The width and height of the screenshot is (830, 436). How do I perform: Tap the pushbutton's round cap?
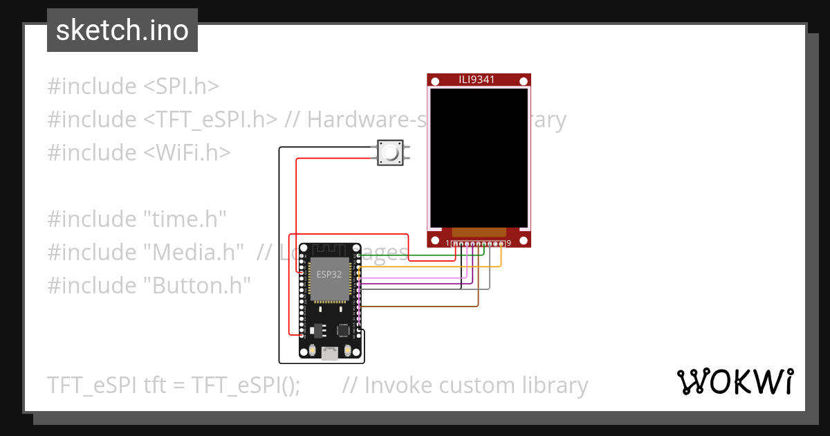390,153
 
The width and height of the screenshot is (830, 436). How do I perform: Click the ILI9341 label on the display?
477,80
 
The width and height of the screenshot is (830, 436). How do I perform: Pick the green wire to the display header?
415,255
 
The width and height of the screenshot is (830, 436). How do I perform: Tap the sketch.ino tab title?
122,30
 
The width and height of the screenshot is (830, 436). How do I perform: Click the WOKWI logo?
735,382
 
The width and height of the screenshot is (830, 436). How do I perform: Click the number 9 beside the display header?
509,243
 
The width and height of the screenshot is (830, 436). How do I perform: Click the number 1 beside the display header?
448,243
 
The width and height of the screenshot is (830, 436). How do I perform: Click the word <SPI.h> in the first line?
181,87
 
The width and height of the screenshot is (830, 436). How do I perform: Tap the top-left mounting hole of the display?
434,82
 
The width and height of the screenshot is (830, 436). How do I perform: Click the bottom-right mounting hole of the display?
524,240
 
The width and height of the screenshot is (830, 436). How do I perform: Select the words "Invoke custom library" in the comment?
476,385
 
